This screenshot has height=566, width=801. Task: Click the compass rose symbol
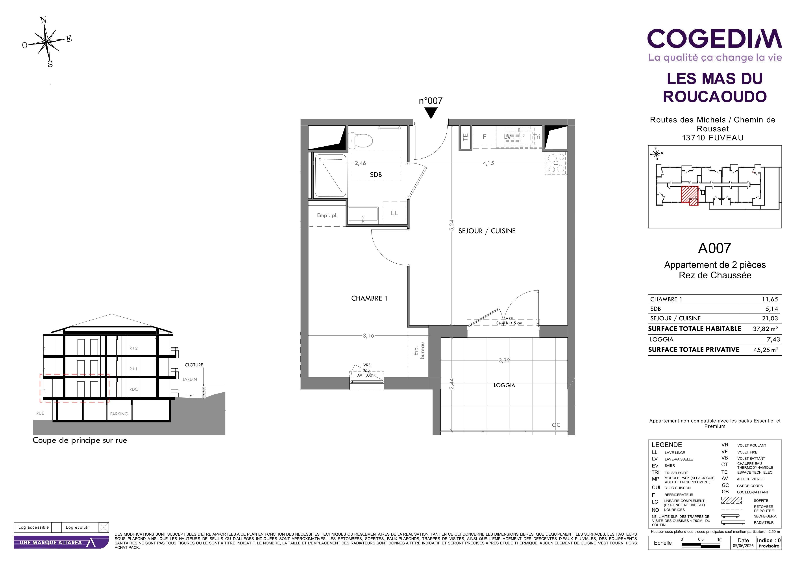47,42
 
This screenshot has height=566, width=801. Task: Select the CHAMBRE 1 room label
369,298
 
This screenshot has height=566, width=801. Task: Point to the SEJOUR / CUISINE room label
487,231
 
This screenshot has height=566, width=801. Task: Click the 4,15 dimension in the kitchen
488,163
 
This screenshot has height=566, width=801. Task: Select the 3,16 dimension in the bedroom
368,336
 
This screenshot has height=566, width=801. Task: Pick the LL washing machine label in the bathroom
394,213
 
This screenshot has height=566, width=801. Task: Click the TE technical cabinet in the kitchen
465,137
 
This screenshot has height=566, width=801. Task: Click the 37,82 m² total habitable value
765,329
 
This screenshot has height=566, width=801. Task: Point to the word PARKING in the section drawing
119,414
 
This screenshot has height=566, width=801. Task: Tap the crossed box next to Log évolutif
104,527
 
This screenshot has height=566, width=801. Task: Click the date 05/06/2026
743,546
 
